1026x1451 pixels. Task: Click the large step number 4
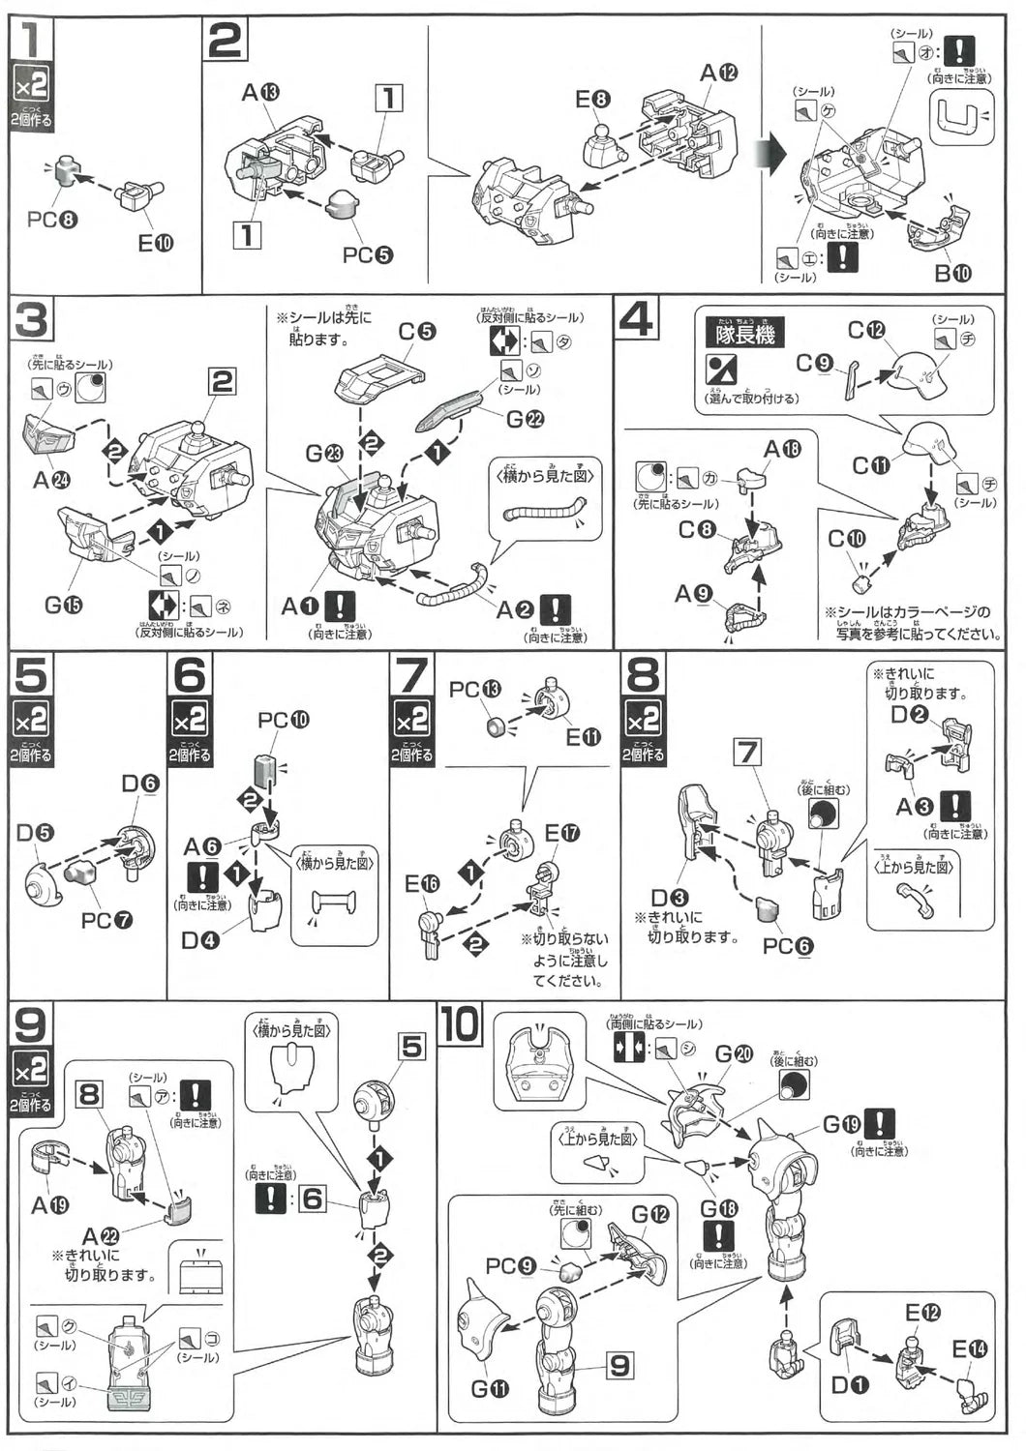coord(636,318)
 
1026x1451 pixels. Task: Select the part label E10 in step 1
coord(154,243)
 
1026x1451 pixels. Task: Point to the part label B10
coord(952,273)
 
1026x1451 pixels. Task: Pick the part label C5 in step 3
coord(416,332)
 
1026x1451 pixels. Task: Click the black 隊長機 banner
coord(745,333)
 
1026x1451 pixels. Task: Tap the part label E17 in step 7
coord(561,833)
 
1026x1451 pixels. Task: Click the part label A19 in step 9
coord(50,1204)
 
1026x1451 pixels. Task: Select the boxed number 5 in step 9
coord(411,1046)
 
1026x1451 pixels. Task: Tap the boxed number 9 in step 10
coord(619,1365)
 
